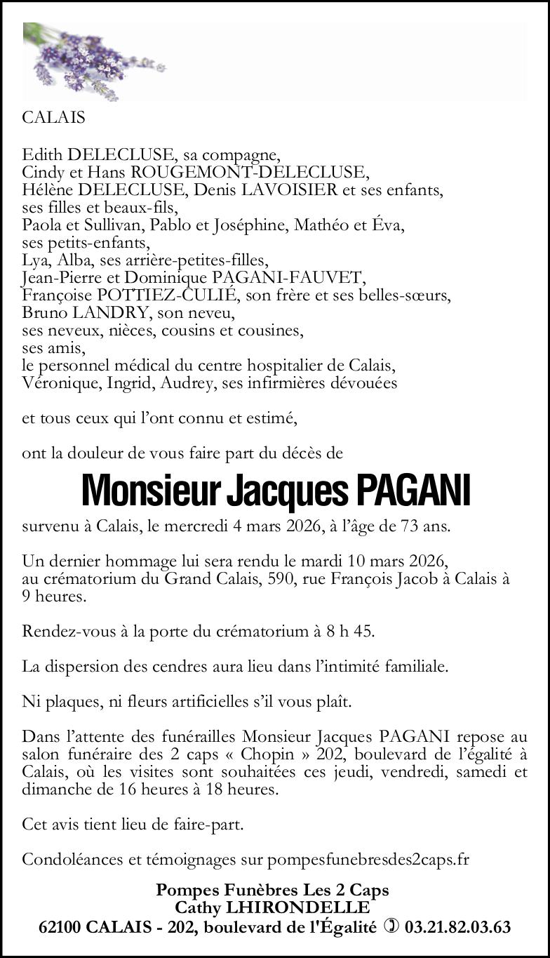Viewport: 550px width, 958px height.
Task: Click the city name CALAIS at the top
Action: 53,118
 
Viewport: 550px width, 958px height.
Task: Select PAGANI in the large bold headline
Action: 412,491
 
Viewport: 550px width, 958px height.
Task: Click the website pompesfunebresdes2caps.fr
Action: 368,859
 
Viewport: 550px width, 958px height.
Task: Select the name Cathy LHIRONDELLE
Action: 271,908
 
